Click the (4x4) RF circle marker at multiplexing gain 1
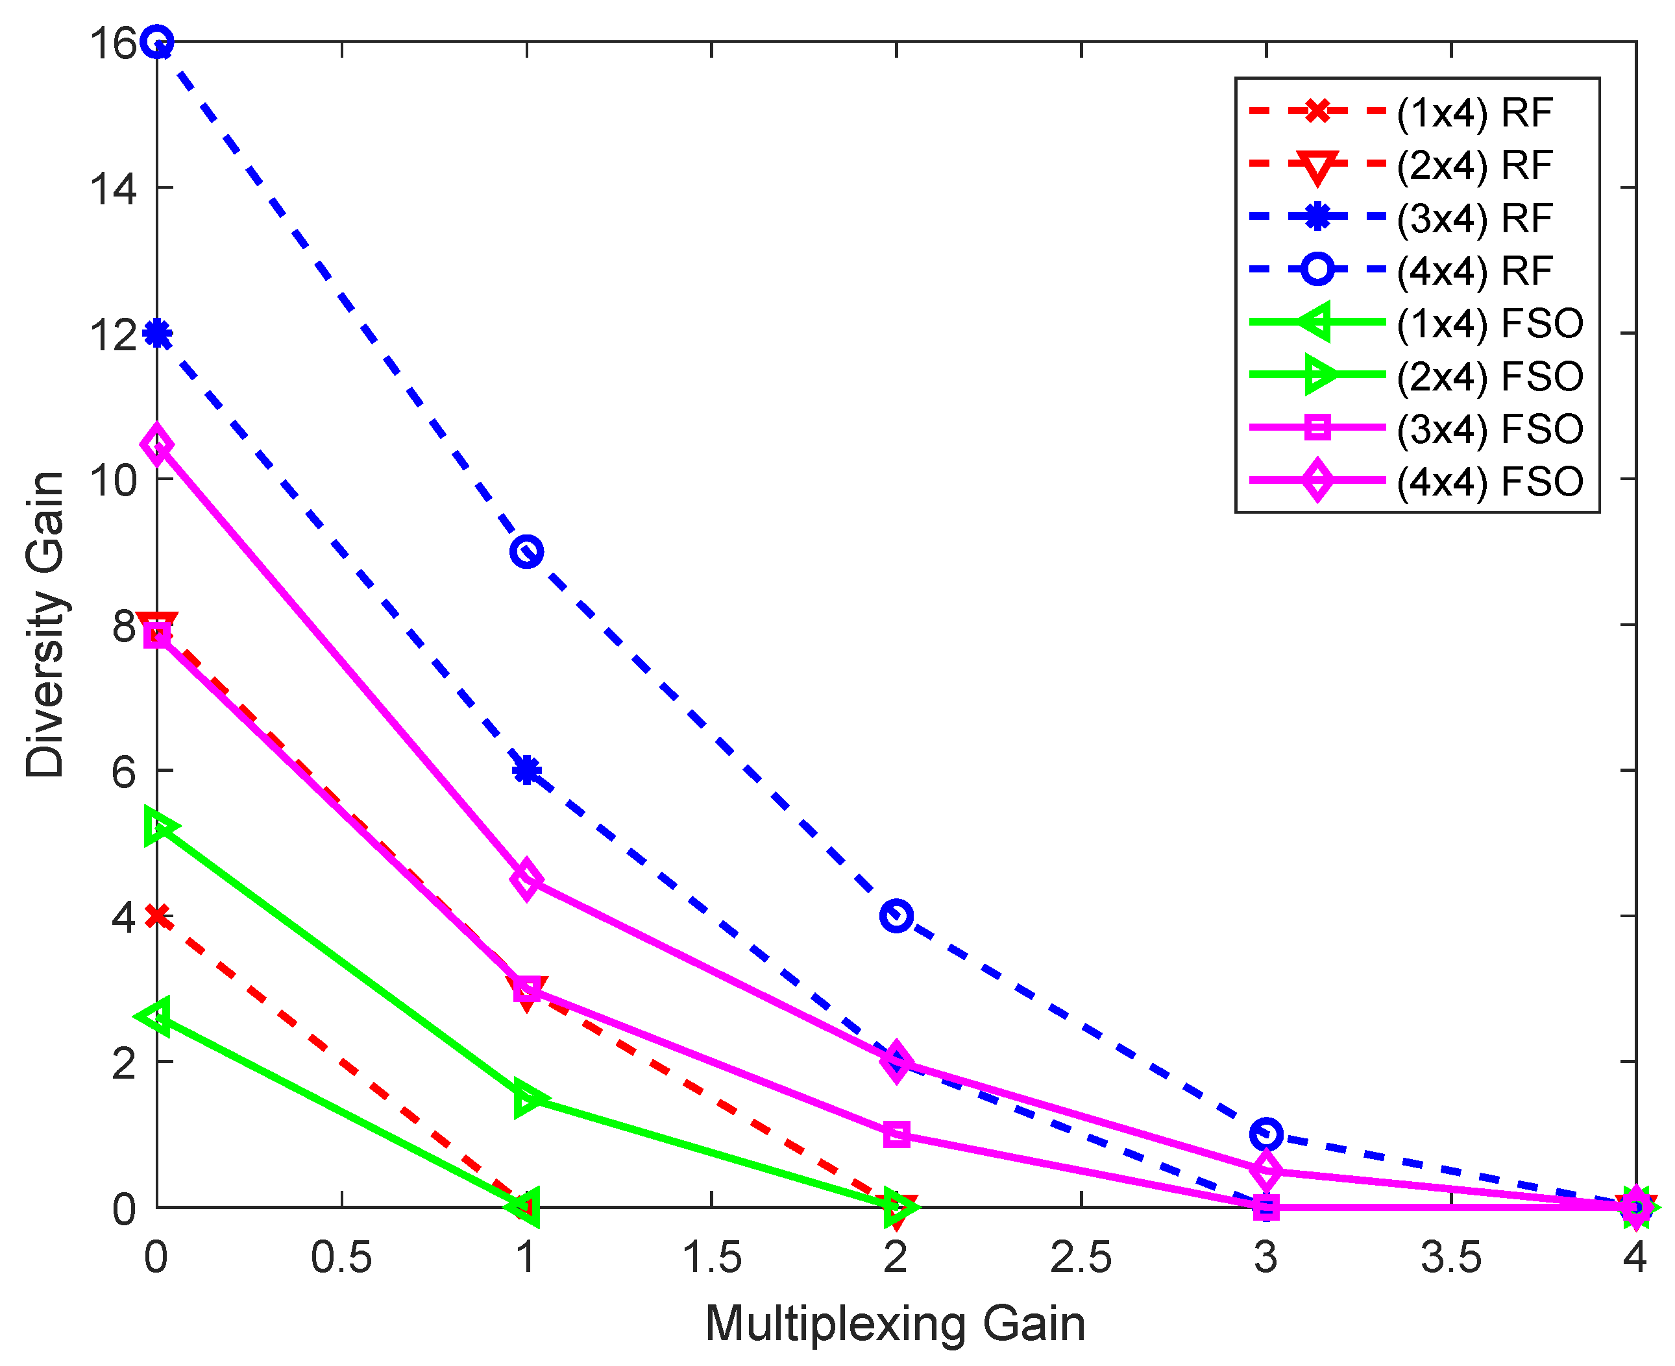[526, 551]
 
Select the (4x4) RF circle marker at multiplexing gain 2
[896, 916]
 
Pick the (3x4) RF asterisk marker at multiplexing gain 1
[526, 771]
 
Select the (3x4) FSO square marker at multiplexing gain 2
[896, 1134]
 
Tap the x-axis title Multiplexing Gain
[895, 1323]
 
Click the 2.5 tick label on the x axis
[1081, 1256]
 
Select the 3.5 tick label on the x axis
[1450, 1256]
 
